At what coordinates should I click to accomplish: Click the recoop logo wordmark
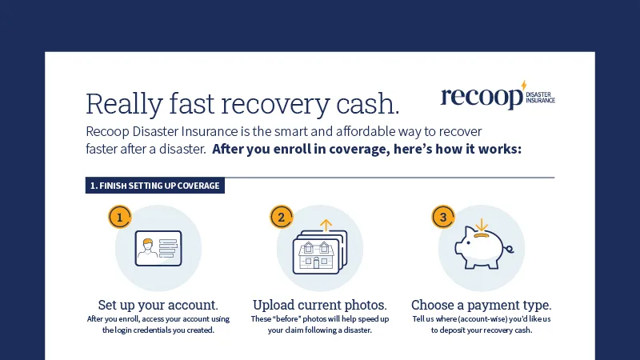pyautogui.click(x=482, y=97)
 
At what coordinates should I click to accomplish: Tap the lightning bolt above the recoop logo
pyautogui.click(x=524, y=85)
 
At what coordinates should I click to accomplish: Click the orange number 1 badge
pyautogui.click(x=119, y=217)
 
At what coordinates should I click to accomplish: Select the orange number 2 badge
pyautogui.click(x=282, y=217)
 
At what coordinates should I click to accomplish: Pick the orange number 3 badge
pyautogui.click(x=443, y=217)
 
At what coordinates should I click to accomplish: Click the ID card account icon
pyautogui.click(x=158, y=248)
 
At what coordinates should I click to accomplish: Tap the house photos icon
pyautogui.click(x=320, y=252)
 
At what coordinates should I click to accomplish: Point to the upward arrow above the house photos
pyautogui.click(x=326, y=226)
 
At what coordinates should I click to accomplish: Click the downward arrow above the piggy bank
pyautogui.click(x=482, y=225)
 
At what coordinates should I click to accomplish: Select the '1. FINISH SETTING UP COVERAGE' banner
pyautogui.click(x=155, y=186)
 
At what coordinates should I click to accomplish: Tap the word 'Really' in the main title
pyautogui.click(x=125, y=105)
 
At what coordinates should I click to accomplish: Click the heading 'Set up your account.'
pyautogui.click(x=158, y=305)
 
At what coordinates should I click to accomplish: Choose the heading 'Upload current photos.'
pyautogui.click(x=319, y=305)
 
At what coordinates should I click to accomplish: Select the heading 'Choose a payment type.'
pyautogui.click(x=482, y=305)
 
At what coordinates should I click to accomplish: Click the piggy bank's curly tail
pyautogui.click(x=509, y=248)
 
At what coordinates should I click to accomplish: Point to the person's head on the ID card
pyautogui.click(x=147, y=244)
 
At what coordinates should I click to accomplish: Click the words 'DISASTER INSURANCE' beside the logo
pyautogui.click(x=541, y=98)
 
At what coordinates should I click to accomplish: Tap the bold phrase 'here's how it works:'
pyautogui.click(x=458, y=149)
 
